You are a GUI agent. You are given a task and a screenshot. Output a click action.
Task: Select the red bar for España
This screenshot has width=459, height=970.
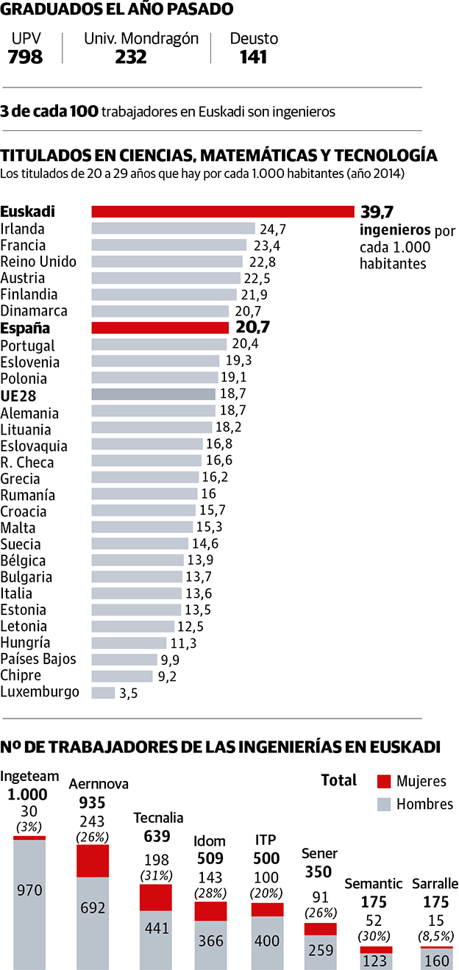coord(160,328)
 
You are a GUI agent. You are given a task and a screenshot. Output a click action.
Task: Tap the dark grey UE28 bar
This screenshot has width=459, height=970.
coord(153,394)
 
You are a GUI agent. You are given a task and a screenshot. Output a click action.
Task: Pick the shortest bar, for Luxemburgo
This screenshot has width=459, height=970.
coord(103,693)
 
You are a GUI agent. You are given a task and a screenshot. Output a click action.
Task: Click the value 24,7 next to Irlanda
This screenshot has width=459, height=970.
coord(272,229)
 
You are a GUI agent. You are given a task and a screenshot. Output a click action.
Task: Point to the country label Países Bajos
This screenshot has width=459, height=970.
coord(38,659)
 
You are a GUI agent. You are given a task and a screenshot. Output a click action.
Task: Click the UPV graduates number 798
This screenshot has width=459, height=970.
coord(26,57)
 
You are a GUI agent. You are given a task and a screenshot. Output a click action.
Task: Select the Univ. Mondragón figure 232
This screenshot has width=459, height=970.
coord(131,57)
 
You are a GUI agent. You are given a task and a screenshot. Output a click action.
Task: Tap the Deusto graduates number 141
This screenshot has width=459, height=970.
coord(253,57)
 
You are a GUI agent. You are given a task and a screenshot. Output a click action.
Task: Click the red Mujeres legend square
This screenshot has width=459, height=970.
coord(382,781)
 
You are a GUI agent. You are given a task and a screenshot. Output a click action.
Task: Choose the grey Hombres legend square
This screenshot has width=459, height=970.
coord(382,804)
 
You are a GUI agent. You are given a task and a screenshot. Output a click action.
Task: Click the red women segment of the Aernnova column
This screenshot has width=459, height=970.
coord(93,860)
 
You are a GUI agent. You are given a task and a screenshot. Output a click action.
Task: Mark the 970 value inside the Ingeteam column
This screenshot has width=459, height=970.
coord(29,891)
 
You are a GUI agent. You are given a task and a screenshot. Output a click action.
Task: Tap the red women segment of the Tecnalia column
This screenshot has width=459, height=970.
coord(156,897)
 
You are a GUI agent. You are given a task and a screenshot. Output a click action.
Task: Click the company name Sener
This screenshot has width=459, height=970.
coord(320,854)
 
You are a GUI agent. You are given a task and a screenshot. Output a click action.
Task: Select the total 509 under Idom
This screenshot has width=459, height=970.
coord(210,857)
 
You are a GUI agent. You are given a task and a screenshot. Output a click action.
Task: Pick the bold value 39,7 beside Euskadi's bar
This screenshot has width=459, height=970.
coord(376,212)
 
